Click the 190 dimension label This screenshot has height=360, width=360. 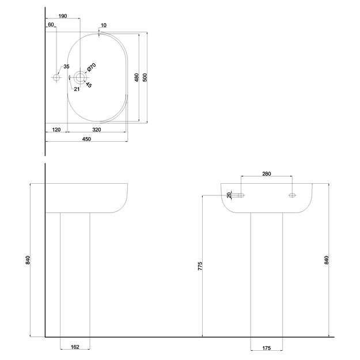pyautogui.click(x=63, y=16)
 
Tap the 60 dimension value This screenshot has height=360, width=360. pyautogui.click(x=51, y=25)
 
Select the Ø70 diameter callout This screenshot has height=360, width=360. pyautogui.click(x=92, y=67)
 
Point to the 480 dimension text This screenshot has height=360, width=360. pyautogui.click(x=137, y=77)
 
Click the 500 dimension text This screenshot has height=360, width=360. pyautogui.click(x=145, y=77)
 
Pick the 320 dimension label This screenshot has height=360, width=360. pyautogui.click(x=97, y=130)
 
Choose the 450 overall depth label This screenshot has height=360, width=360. pyautogui.click(x=86, y=139)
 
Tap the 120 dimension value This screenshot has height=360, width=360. pyautogui.click(x=56, y=130)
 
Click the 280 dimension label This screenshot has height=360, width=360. pyautogui.click(x=267, y=174)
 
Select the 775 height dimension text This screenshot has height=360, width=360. pyautogui.click(x=200, y=266)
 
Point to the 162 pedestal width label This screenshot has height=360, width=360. pyautogui.click(x=75, y=347)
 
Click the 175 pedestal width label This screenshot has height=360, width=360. pyautogui.click(x=267, y=348)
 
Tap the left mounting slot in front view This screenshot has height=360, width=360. pyautogui.click(x=241, y=195)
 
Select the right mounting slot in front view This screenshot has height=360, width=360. pyautogui.click(x=292, y=195)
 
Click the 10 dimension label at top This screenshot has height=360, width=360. pyautogui.click(x=104, y=25)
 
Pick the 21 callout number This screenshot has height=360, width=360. pyautogui.click(x=77, y=89)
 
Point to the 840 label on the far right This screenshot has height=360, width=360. pyautogui.click(x=327, y=260)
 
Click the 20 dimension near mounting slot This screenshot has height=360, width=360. pyautogui.click(x=229, y=195)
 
